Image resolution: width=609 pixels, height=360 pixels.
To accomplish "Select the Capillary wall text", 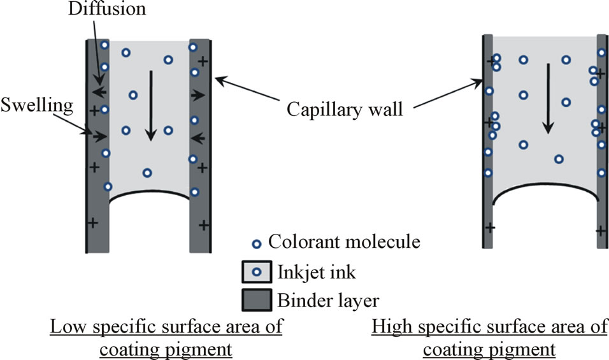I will click(344, 109).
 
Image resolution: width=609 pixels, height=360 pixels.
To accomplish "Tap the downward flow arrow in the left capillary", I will click(150, 105).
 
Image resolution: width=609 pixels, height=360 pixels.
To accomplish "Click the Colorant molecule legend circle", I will click(256, 243).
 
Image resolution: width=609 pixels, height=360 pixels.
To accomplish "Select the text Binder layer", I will click(324, 300).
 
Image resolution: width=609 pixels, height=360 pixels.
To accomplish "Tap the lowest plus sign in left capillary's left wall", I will click(93, 223).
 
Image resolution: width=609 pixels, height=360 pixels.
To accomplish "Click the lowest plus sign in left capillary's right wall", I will click(203, 224).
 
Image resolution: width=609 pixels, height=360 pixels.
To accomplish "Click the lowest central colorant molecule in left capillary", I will click(147, 173).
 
